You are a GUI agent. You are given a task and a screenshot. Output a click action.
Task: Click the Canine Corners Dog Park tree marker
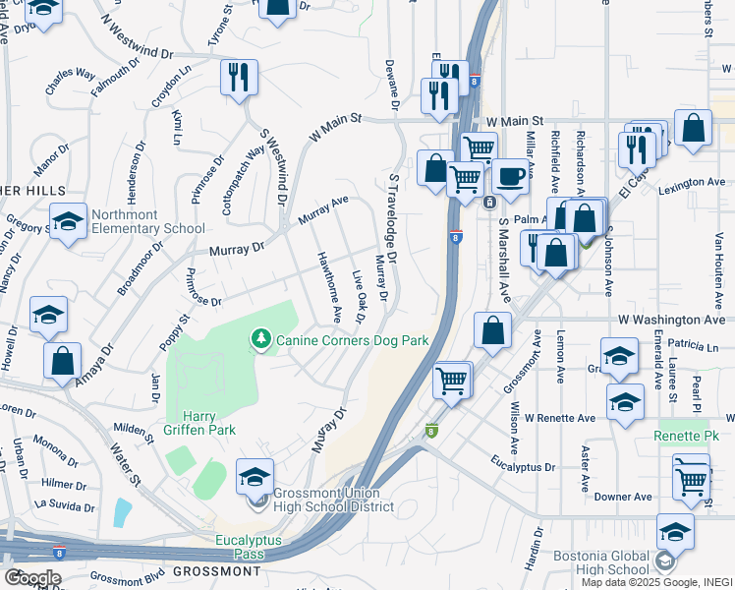[x=260, y=339]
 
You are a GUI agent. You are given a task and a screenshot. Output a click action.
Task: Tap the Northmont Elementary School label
[x=148, y=221]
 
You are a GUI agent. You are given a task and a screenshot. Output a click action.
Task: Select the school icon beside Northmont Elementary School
[x=68, y=222]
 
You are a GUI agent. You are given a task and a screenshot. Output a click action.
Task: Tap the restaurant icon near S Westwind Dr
[x=238, y=78]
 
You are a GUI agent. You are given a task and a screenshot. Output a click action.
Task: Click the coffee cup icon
[x=510, y=177]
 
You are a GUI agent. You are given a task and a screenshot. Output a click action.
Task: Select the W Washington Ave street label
[x=671, y=321]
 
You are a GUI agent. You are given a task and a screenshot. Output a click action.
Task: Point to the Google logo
[x=32, y=578]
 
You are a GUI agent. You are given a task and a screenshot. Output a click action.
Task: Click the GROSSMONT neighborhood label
[x=216, y=571]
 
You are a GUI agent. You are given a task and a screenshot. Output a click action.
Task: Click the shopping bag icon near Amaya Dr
[x=62, y=360]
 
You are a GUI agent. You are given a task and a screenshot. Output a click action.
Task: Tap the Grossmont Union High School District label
[x=325, y=500]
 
